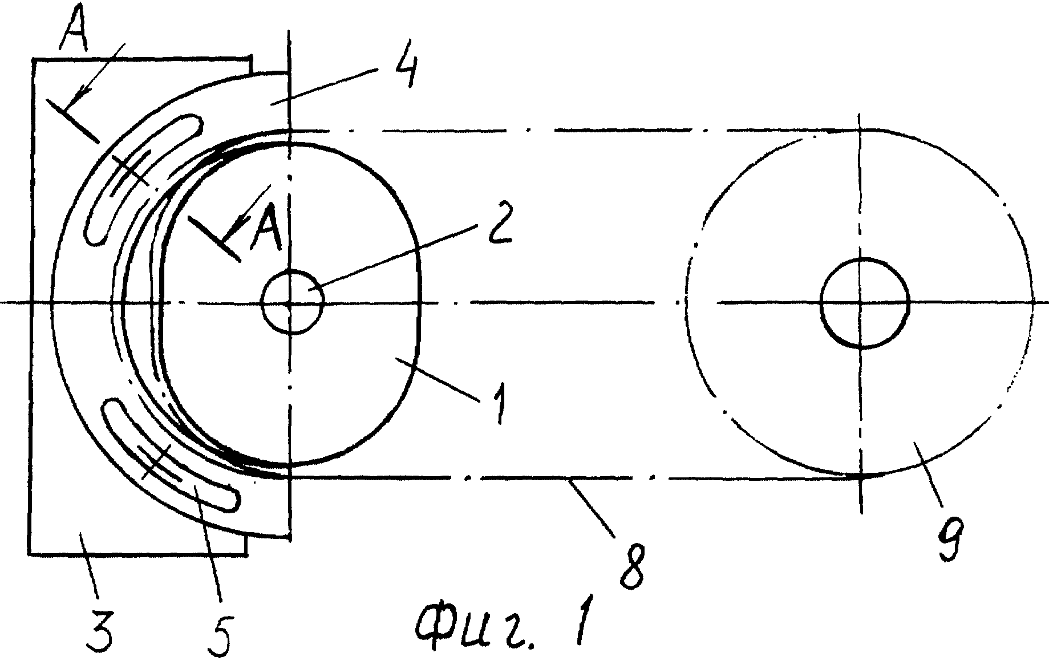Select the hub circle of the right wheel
click(x=864, y=302)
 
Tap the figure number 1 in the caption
click(x=582, y=622)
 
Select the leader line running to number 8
click(x=593, y=508)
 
